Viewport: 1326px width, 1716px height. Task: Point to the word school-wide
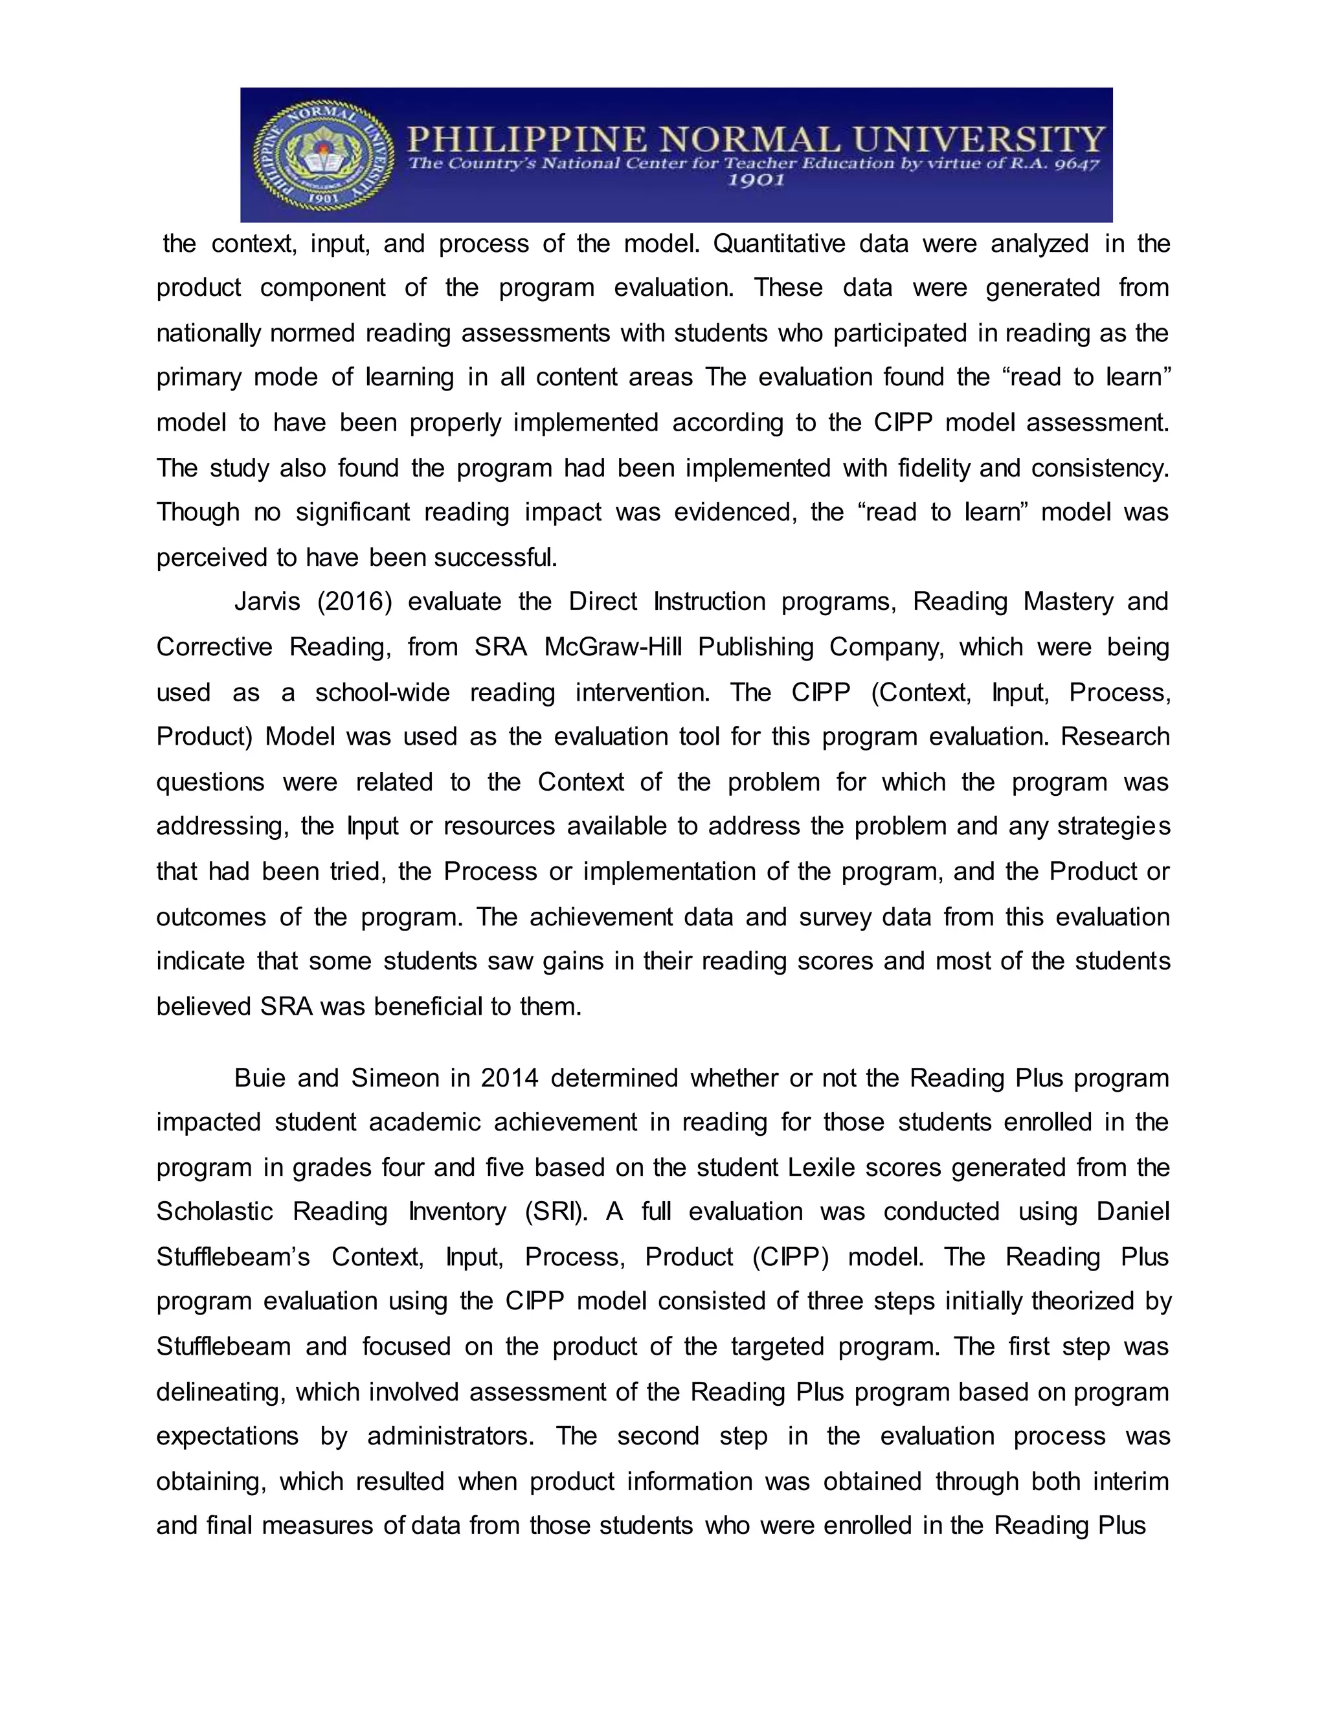click(x=383, y=693)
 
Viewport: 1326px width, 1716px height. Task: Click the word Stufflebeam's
click(x=233, y=1257)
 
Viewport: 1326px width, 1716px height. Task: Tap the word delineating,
click(x=221, y=1392)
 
